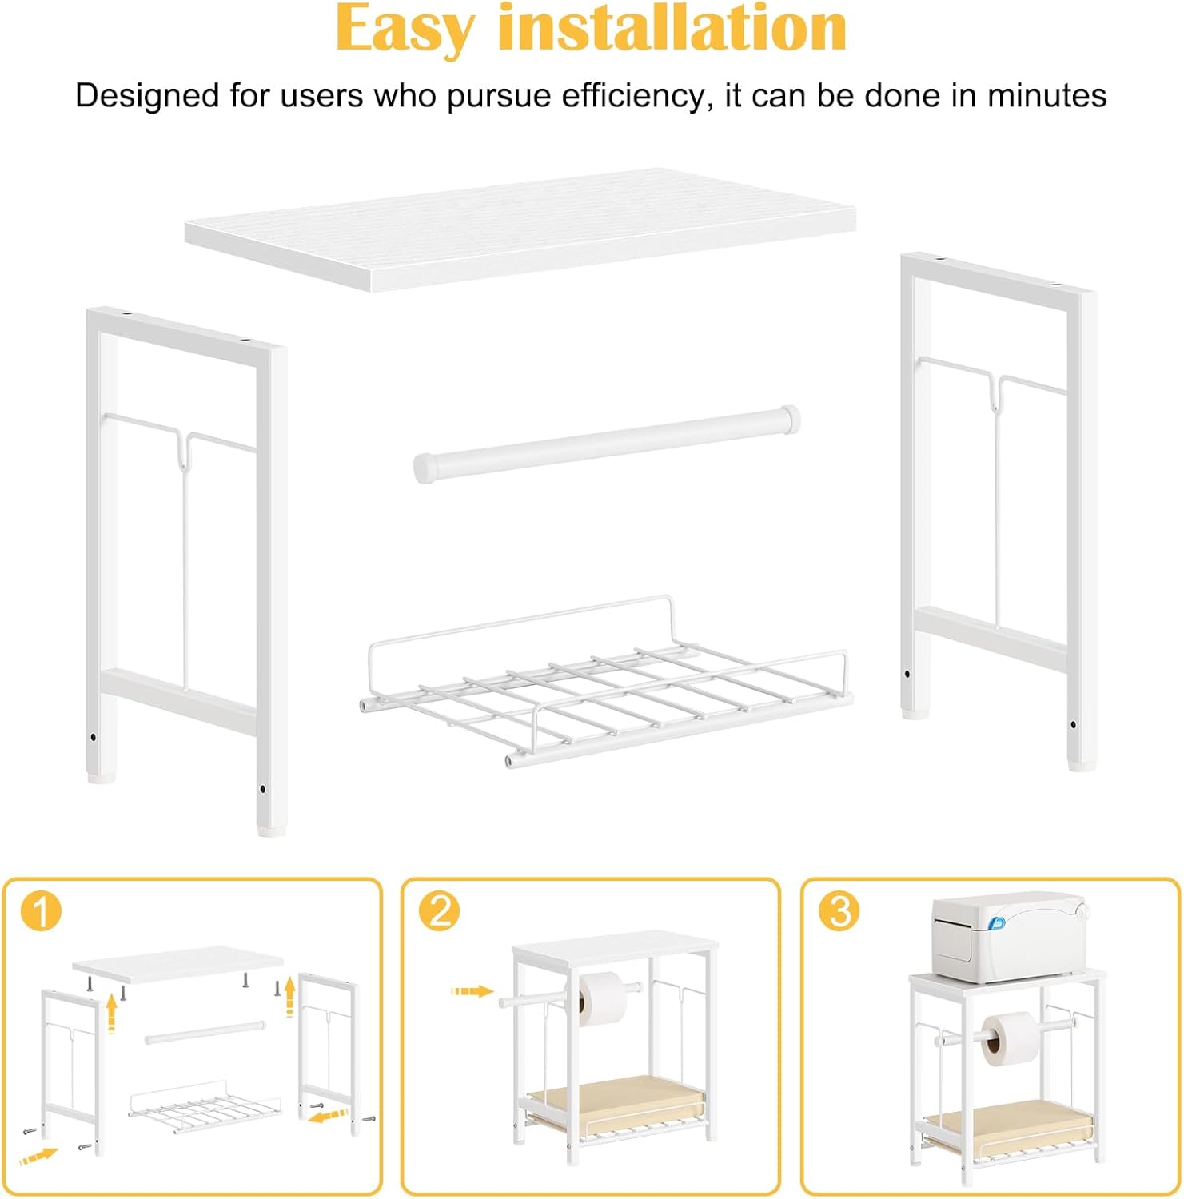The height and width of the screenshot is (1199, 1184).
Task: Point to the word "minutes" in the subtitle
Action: (1047, 95)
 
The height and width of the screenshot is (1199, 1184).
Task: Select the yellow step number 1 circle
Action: (41, 911)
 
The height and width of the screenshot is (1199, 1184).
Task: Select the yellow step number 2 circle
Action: (439, 911)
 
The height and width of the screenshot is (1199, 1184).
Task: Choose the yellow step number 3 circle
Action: (839, 911)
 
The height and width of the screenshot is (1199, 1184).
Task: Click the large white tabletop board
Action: (520, 228)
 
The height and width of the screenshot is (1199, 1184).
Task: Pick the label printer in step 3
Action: (1009, 938)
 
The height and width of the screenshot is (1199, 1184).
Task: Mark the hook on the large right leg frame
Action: (995, 392)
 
